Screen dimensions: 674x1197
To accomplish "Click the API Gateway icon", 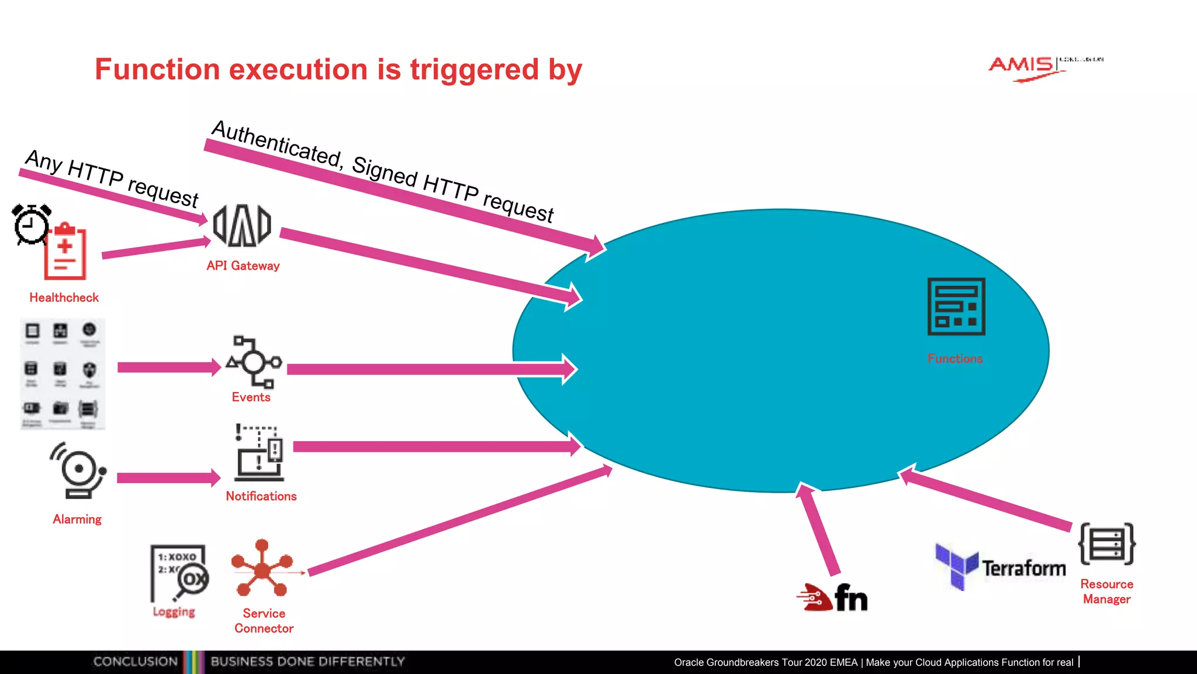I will tap(242, 226).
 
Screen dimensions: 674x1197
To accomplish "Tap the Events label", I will tap(251, 397).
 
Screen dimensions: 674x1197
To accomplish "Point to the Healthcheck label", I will tap(64, 298).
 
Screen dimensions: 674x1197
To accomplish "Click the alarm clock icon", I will tap(31, 224).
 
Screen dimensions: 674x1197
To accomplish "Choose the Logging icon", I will tap(179, 573).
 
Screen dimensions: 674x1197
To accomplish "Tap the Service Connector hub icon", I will tap(262, 568).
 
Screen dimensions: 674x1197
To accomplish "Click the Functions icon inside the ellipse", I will tap(956, 307).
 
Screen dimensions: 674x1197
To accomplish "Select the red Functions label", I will tap(955, 359).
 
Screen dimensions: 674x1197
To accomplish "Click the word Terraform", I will tap(1023, 569).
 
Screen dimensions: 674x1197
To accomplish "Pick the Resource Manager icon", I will tap(1106, 544).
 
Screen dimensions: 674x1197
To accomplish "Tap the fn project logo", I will tap(832, 598).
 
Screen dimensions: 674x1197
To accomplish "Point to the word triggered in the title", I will tap(474, 70).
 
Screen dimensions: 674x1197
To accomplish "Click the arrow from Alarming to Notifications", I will tap(168, 478).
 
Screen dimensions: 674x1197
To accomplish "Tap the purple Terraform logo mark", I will tap(956, 566).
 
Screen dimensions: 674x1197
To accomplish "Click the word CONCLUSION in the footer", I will tap(136, 662).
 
